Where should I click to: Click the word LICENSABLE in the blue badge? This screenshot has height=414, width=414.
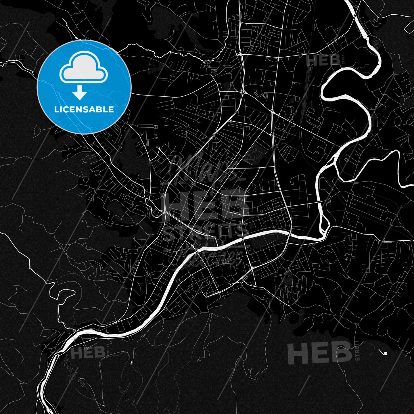84,110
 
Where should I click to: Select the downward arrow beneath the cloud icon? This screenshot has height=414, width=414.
80,93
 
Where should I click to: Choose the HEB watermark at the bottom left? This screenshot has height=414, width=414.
88,353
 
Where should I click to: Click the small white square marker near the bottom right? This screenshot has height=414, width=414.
386,353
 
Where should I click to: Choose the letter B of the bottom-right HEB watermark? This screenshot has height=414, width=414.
341,352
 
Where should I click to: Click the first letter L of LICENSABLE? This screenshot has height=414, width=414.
56,110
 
